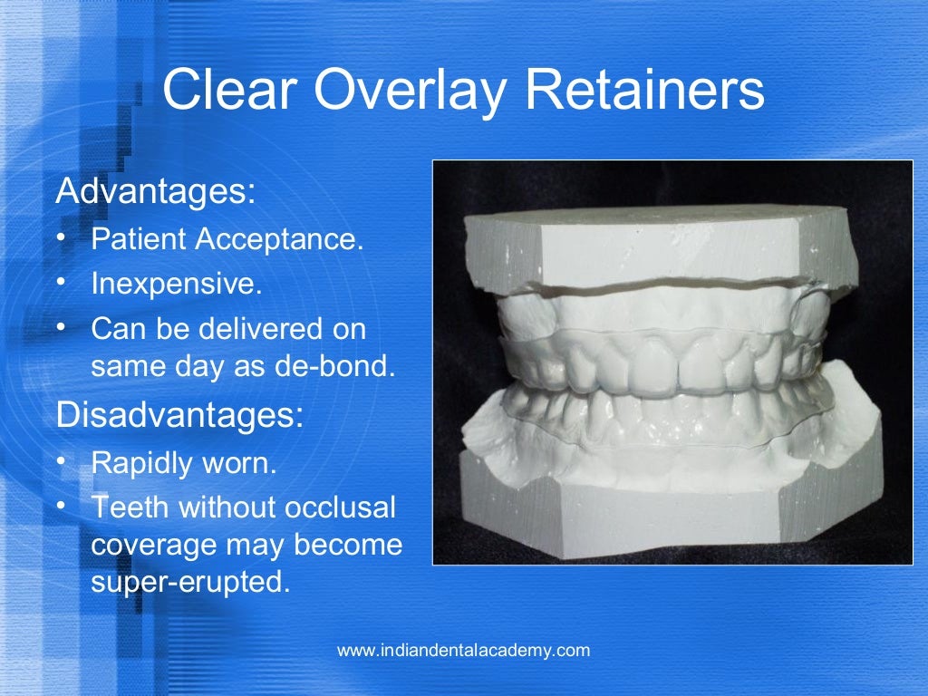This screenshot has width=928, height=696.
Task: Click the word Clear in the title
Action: click(232, 92)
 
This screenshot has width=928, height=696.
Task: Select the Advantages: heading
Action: click(156, 192)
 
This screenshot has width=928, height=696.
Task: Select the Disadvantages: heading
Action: click(179, 416)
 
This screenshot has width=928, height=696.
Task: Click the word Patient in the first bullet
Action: click(139, 240)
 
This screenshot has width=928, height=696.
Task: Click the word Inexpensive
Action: click(176, 284)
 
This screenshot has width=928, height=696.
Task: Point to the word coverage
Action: click(150, 546)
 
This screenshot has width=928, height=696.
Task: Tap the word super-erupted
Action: click(189, 582)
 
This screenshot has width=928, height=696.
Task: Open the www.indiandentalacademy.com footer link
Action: click(463, 650)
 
